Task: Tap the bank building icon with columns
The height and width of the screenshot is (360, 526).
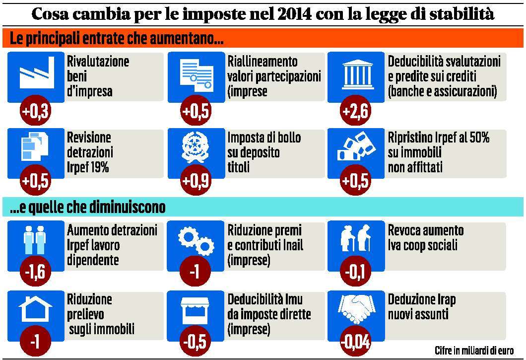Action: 355,75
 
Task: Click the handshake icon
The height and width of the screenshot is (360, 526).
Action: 356,310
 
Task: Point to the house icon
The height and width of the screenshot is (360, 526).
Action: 36,310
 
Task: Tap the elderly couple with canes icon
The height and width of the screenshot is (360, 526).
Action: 355,240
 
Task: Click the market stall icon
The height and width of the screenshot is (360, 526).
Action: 196,311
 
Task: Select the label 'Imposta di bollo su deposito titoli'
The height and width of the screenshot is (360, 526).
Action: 264,152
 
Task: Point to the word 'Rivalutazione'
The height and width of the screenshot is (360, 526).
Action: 98,62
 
